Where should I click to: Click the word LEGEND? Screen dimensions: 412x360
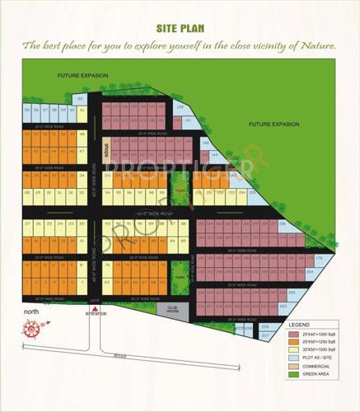point(311,326)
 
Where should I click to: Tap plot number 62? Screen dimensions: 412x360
point(81,99)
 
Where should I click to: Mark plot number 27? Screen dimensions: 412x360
point(27,224)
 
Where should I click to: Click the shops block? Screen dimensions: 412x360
point(107,151)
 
